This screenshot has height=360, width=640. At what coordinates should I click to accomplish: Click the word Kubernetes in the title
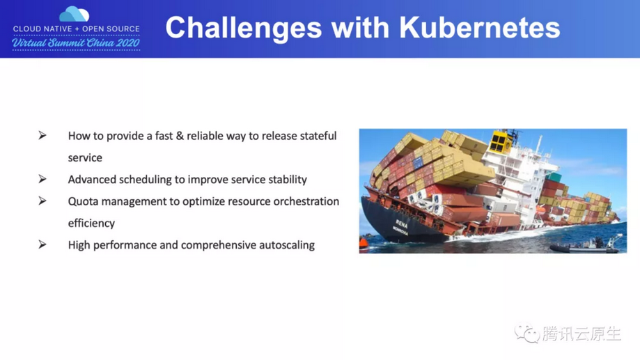[x=479, y=28]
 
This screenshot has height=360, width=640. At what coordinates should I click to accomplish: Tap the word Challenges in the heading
[x=244, y=29]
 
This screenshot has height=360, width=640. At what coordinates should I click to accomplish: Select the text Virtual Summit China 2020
[x=76, y=43]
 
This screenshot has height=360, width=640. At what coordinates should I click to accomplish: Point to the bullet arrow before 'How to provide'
[x=42, y=135]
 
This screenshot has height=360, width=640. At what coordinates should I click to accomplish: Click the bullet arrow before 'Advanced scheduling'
[x=42, y=179]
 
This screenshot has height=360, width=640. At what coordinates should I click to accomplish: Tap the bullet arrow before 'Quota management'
[x=42, y=201]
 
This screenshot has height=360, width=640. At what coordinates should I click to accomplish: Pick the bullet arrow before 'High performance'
[x=42, y=244]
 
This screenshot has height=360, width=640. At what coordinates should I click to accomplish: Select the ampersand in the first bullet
[x=180, y=136]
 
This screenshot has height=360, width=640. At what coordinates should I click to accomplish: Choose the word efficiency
[x=91, y=224]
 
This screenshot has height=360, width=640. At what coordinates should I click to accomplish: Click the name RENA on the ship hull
[x=402, y=224]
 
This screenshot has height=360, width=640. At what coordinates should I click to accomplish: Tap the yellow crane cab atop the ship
[x=501, y=141]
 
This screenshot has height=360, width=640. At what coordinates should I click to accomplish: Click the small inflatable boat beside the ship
[x=586, y=245]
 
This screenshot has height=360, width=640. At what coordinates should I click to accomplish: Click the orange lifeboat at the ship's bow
[x=364, y=244]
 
